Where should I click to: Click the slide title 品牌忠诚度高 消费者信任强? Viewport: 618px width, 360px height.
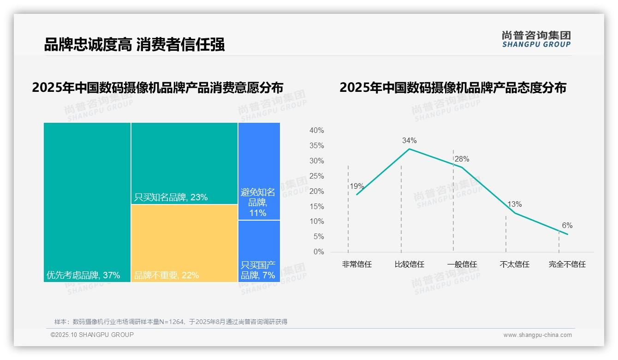tap(134, 45)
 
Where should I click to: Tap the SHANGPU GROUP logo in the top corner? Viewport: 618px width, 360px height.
tap(536, 39)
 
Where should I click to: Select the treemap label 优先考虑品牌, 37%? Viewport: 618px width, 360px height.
tap(83, 276)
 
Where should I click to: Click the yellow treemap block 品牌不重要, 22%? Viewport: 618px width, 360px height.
tap(184, 243)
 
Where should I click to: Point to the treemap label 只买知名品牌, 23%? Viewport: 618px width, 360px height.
tap(171, 198)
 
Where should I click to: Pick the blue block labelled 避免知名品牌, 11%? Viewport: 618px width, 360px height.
tap(259, 202)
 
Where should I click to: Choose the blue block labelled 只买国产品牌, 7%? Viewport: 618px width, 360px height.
tap(259, 270)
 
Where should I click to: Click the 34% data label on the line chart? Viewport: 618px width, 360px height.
tap(409, 140)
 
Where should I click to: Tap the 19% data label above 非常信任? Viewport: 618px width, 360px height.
tap(357, 186)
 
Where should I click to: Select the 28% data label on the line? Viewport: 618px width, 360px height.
tap(462, 159)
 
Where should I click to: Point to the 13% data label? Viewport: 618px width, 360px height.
tap(514, 204)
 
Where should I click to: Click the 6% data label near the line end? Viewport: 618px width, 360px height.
tap(567, 226)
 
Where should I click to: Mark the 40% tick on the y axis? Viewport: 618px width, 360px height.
tap(316, 131)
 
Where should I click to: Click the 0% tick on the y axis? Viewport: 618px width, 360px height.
tap(319, 252)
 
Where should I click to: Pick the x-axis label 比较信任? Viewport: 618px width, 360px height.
tap(409, 264)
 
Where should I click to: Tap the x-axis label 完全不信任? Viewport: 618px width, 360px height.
tap(567, 264)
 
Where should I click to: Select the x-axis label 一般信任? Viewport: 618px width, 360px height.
tap(462, 264)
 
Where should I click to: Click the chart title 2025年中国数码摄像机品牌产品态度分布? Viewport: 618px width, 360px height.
tap(452, 88)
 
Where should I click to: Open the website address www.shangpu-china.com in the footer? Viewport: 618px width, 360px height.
tap(537, 335)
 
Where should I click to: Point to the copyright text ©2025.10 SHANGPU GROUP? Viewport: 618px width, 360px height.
tap(92, 335)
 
